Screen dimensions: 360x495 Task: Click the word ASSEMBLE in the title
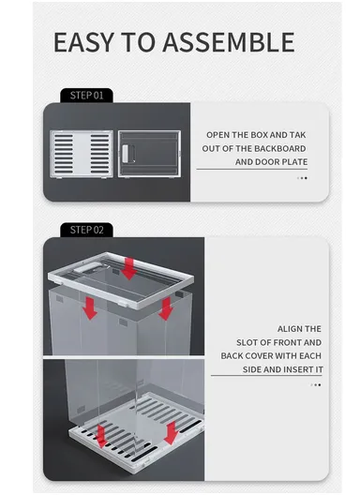click(229, 42)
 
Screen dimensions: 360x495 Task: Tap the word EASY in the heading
click(83, 42)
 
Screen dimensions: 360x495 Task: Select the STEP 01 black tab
click(86, 96)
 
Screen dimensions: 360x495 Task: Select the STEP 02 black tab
click(86, 230)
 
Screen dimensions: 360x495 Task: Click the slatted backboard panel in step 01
click(82, 154)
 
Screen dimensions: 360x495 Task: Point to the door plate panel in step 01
click(149, 154)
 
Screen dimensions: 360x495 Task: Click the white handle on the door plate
click(126, 154)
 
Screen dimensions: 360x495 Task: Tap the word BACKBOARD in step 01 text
click(279, 149)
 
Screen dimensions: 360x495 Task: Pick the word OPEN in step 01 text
click(218, 135)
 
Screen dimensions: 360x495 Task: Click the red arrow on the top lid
click(128, 268)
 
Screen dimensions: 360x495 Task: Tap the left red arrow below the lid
click(90, 308)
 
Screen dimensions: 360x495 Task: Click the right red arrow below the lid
click(166, 308)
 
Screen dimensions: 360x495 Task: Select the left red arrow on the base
click(101, 436)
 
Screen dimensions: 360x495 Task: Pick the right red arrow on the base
click(172, 433)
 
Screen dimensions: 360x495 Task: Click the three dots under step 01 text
click(302, 178)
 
